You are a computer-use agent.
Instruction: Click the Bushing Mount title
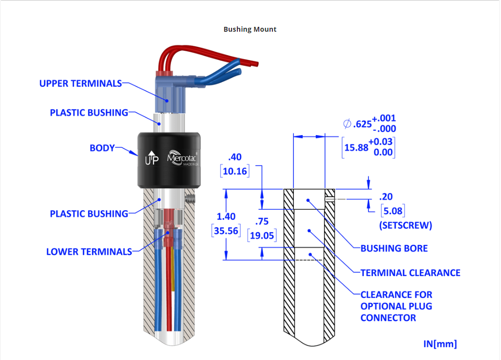[x=250, y=29]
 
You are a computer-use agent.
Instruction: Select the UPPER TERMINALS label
[x=80, y=83]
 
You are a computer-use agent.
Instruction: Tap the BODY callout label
[x=102, y=148]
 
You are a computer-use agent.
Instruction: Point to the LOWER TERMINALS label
[x=89, y=252]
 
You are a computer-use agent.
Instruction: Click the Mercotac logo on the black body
[x=182, y=158]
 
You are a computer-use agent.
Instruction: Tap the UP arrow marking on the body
[x=152, y=158]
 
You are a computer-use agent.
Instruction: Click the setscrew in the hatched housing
[x=190, y=199]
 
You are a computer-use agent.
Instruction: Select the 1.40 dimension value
[x=226, y=217]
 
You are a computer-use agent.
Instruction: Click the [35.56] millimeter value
[x=226, y=231]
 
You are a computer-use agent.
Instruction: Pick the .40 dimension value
[x=235, y=157]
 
